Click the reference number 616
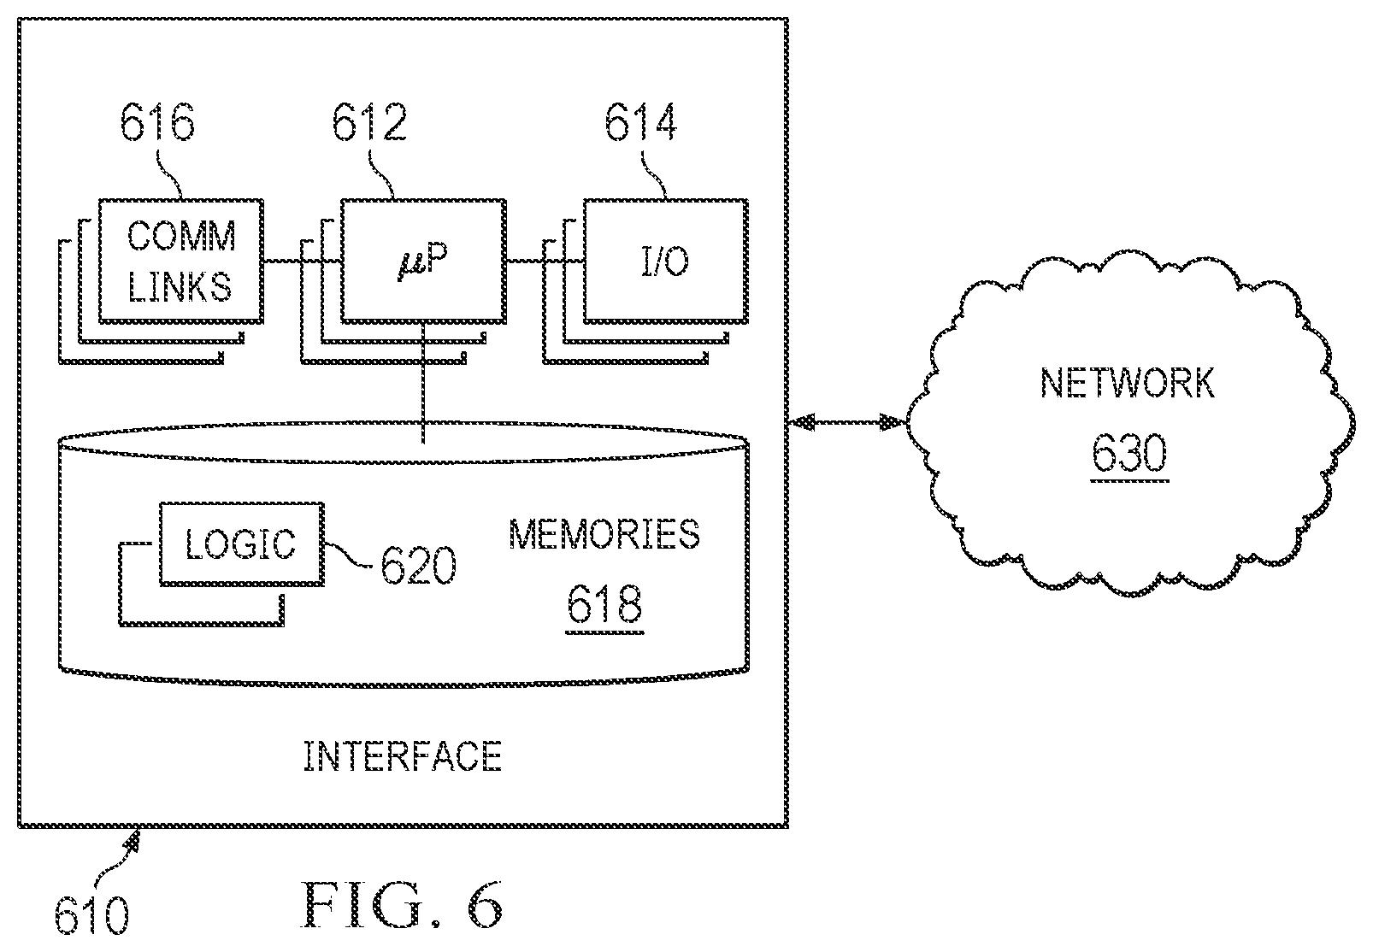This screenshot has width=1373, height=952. tap(157, 122)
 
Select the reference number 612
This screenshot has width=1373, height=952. tap(369, 122)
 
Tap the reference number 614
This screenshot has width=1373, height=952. tap(641, 122)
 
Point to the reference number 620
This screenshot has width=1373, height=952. tap(419, 565)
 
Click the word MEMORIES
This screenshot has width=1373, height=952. tap(604, 534)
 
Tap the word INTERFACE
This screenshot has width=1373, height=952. tap(403, 756)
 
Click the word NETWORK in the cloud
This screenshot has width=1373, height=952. tap(1127, 384)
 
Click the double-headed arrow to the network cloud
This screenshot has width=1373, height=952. tap(846, 421)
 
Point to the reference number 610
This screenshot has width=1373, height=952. tap(92, 915)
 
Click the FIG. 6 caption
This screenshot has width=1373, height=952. tap(402, 904)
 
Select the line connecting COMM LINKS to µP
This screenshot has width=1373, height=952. tap(302, 261)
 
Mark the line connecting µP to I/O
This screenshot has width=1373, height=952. tap(545, 261)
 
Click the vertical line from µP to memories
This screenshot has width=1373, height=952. tap(423, 383)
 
